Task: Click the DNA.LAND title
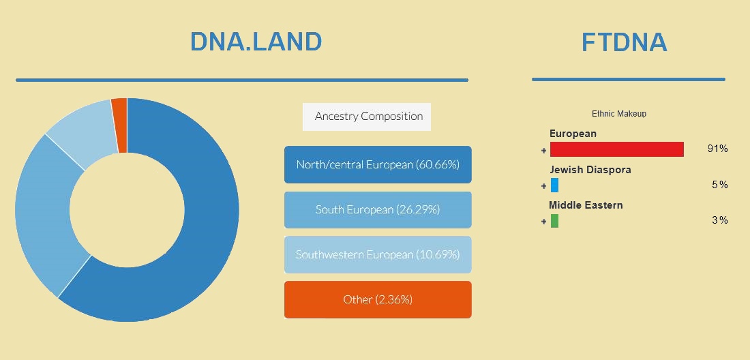[x=256, y=42]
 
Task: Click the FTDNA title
[x=624, y=42]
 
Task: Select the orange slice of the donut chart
[x=119, y=125]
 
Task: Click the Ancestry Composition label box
[x=367, y=117]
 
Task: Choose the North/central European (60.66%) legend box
[x=378, y=164]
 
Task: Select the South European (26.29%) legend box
[x=378, y=210]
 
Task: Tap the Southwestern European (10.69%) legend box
[x=378, y=255]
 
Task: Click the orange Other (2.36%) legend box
[x=378, y=300]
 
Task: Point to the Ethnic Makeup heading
[x=619, y=114]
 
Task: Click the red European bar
[x=617, y=149]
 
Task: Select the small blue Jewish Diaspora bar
[x=554, y=185]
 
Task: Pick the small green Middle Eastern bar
[x=554, y=221]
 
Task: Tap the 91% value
[x=717, y=149]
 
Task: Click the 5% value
[x=719, y=185]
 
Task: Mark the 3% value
[x=719, y=220]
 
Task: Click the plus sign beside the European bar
[x=544, y=151]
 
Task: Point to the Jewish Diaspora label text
[x=590, y=170]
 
